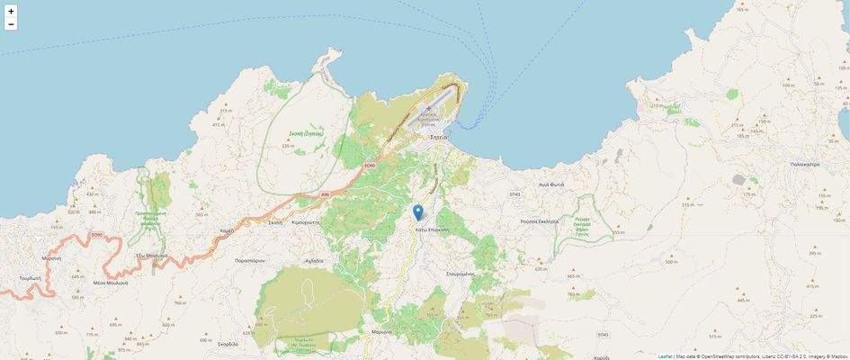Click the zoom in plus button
(x=11, y=12)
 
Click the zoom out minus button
(x=11, y=24)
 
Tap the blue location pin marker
(x=417, y=212)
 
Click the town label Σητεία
(x=440, y=137)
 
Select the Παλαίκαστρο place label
(x=804, y=165)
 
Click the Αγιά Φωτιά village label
(x=551, y=184)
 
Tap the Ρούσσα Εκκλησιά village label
(x=540, y=220)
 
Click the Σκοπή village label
(x=275, y=221)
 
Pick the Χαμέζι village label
(x=227, y=230)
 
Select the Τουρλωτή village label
(x=31, y=279)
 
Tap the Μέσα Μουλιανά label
(x=111, y=283)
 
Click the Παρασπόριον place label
(x=249, y=260)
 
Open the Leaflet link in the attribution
(x=665, y=355)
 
